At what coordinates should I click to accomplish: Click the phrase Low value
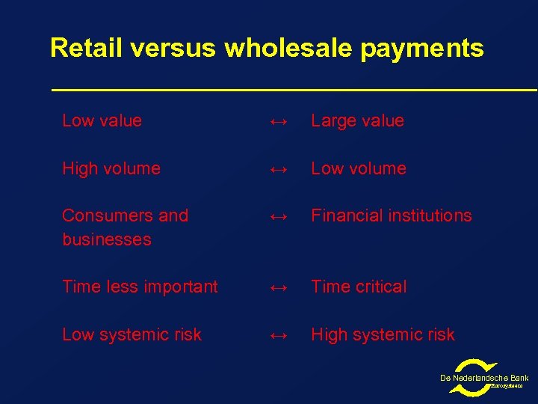coord(102,120)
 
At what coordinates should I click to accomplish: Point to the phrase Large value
coord(357,121)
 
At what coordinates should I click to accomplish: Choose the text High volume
coord(111,168)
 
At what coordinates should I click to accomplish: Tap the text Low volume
coord(359,168)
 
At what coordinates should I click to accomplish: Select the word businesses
coord(107,239)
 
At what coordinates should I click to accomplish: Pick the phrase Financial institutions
coord(392,215)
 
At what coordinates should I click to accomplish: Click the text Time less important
coord(140,287)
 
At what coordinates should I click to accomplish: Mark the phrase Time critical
coord(359,287)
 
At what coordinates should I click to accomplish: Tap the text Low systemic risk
coord(132,334)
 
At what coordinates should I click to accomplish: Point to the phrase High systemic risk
coord(383,334)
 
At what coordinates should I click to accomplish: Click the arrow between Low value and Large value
coord(278,122)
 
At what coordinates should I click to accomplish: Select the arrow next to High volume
coord(278,170)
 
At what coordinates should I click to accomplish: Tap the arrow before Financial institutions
coord(278,217)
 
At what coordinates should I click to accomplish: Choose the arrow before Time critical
coord(278,288)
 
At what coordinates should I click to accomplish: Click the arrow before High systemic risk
coord(278,336)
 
